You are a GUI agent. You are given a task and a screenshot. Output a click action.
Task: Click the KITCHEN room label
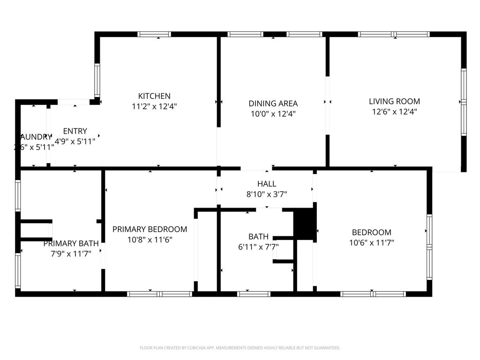click(154, 96)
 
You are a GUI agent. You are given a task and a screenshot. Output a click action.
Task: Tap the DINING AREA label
click(273, 104)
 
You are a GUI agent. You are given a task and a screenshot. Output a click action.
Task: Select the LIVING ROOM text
click(394, 101)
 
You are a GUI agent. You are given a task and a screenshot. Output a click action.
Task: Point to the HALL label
click(267, 184)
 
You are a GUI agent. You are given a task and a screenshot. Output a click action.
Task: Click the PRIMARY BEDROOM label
click(150, 229)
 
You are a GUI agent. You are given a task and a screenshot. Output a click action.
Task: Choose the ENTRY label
click(75, 131)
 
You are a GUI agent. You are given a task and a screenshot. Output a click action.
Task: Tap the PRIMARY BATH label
click(71, 243)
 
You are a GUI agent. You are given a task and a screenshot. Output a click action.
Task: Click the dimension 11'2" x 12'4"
click(154, 106)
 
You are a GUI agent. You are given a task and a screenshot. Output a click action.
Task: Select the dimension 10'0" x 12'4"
click(273, 113)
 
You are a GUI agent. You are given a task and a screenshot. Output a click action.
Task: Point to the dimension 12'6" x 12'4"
click(394, 112)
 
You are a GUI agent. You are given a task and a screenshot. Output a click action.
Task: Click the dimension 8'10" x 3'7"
click(267, 194)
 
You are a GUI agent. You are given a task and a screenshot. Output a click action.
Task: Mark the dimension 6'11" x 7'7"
click(258, 247)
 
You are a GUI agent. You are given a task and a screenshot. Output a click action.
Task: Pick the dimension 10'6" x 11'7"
click(371, 242)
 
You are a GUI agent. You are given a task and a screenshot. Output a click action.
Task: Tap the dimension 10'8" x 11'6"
click(150, 240)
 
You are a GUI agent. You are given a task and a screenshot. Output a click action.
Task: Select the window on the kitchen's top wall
click(155, 34)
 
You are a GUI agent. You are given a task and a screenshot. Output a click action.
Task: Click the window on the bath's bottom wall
click(254, 294)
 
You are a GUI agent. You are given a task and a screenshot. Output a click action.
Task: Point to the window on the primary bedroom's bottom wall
click(160, 294)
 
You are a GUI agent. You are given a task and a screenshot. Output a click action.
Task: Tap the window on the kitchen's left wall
click(97, 80)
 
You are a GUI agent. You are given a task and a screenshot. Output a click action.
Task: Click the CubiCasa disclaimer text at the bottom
click(240, 348)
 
